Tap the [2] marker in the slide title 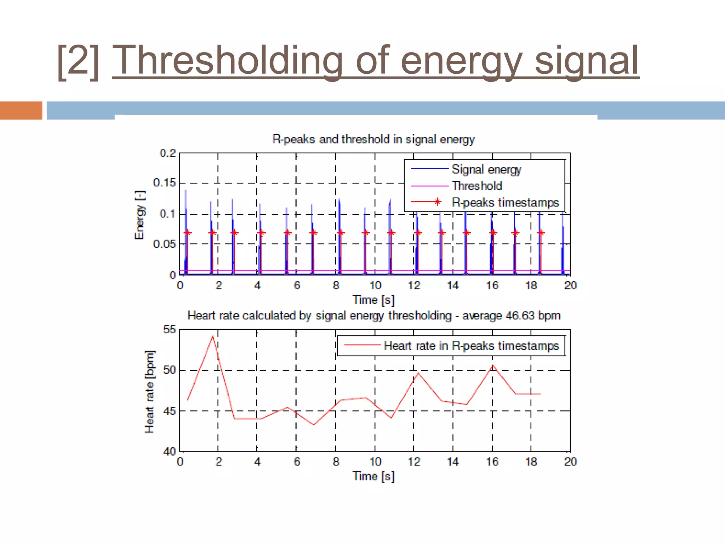78,62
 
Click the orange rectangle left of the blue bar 21,110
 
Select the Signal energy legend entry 486,170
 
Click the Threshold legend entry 477,186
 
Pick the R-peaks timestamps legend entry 505,203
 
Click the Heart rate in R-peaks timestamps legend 471,346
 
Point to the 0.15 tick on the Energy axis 164,183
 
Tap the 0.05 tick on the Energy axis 164,244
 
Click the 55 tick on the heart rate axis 169,330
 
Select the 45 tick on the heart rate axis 169,411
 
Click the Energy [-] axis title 140,215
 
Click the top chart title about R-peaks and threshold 373,139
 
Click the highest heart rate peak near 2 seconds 213,336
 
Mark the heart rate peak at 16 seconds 492,365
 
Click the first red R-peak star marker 188,233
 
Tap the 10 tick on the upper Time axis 375,285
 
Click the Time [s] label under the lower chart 373,476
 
